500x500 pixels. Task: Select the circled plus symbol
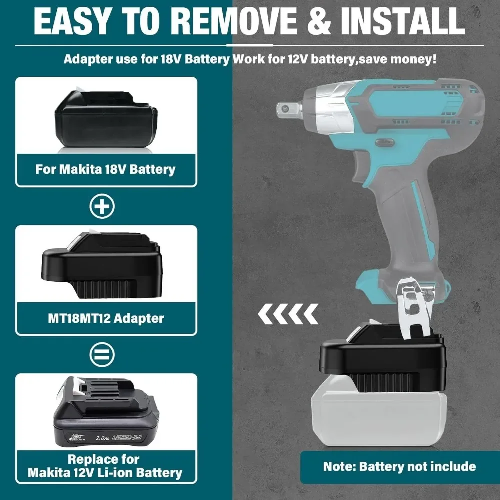pos(102,206)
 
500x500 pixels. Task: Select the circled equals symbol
pos(102,354)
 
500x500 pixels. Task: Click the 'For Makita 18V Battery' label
pos(105,169)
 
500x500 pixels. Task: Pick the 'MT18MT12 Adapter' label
pos(105,317)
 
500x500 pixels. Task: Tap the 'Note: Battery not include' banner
pos(399,467)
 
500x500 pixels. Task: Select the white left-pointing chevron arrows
pos(288,314)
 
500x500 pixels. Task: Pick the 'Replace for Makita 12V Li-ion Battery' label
pos(105,466)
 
